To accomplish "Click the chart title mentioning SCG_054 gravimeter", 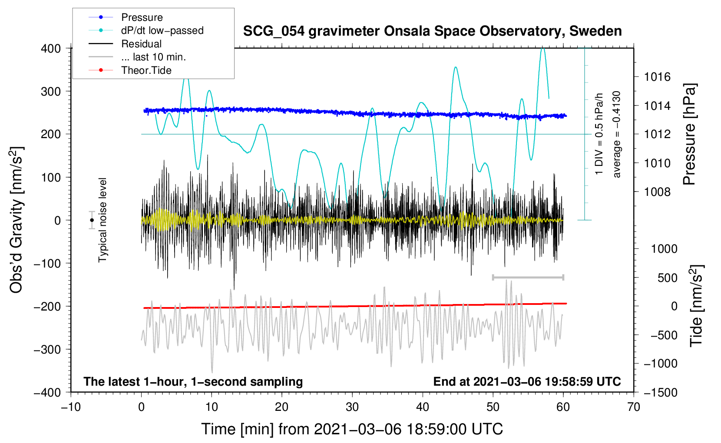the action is coord(432,31).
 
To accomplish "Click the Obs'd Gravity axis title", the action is coord(16,220).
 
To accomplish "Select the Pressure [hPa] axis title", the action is coord(689,135).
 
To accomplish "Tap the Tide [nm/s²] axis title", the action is coord(696,306).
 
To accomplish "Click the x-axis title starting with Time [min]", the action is coord(352,429).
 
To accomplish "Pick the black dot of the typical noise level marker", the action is coord(92,220).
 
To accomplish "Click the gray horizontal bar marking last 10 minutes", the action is coord(528,277).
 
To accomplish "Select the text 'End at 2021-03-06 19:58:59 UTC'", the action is coord(527,381).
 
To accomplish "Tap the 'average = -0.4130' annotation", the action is coord(616,134).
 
